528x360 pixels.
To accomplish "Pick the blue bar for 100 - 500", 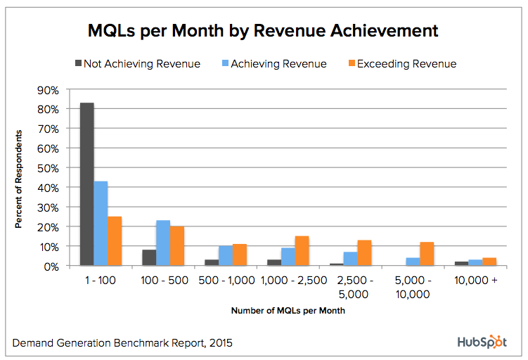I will [163, 243].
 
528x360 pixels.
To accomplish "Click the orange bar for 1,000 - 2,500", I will [302, 251].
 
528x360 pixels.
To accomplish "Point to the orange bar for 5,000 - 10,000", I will [427, 254].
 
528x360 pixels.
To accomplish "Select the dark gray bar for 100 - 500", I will [149, 258].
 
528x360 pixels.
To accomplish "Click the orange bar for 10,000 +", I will [489, 262].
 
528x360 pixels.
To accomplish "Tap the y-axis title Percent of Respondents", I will [20, 179].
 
